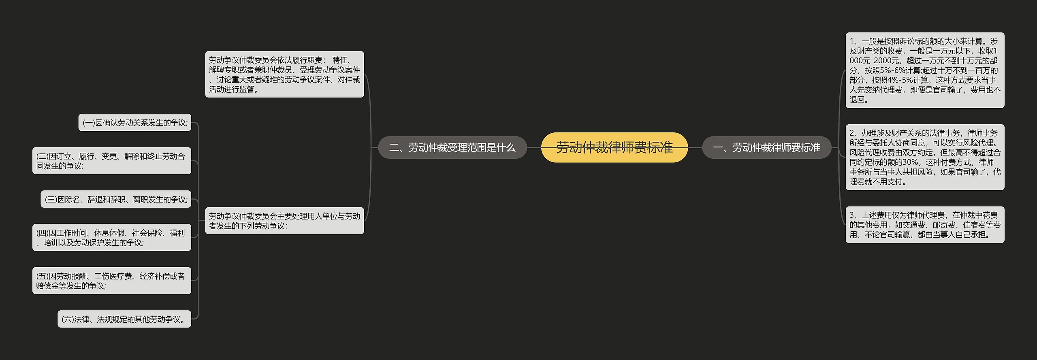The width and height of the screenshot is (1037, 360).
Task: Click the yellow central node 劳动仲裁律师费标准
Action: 614,147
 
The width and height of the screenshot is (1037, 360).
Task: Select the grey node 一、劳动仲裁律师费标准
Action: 766,147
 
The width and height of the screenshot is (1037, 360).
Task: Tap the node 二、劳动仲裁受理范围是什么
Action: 452,147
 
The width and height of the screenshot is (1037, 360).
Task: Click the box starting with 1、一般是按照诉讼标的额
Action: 924,70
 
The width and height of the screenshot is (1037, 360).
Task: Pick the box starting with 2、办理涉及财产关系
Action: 924,157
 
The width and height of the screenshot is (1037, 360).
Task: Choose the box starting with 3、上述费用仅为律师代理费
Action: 924,225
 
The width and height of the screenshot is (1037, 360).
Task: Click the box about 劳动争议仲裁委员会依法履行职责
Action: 284,75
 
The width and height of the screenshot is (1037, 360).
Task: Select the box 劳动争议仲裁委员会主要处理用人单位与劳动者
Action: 284,221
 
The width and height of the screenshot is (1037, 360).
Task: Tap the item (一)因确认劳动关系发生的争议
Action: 135,123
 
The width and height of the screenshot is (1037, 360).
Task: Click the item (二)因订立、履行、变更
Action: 111,161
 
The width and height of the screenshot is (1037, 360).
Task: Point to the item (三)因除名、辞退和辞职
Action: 116,199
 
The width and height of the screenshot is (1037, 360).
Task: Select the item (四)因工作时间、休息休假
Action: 111,238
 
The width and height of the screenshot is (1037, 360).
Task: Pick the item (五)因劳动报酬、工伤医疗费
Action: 111,281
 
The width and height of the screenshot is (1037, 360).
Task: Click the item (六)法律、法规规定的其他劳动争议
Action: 124,320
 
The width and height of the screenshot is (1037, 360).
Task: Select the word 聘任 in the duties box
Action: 339,60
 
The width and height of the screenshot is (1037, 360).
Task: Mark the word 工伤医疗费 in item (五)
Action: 113,276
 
